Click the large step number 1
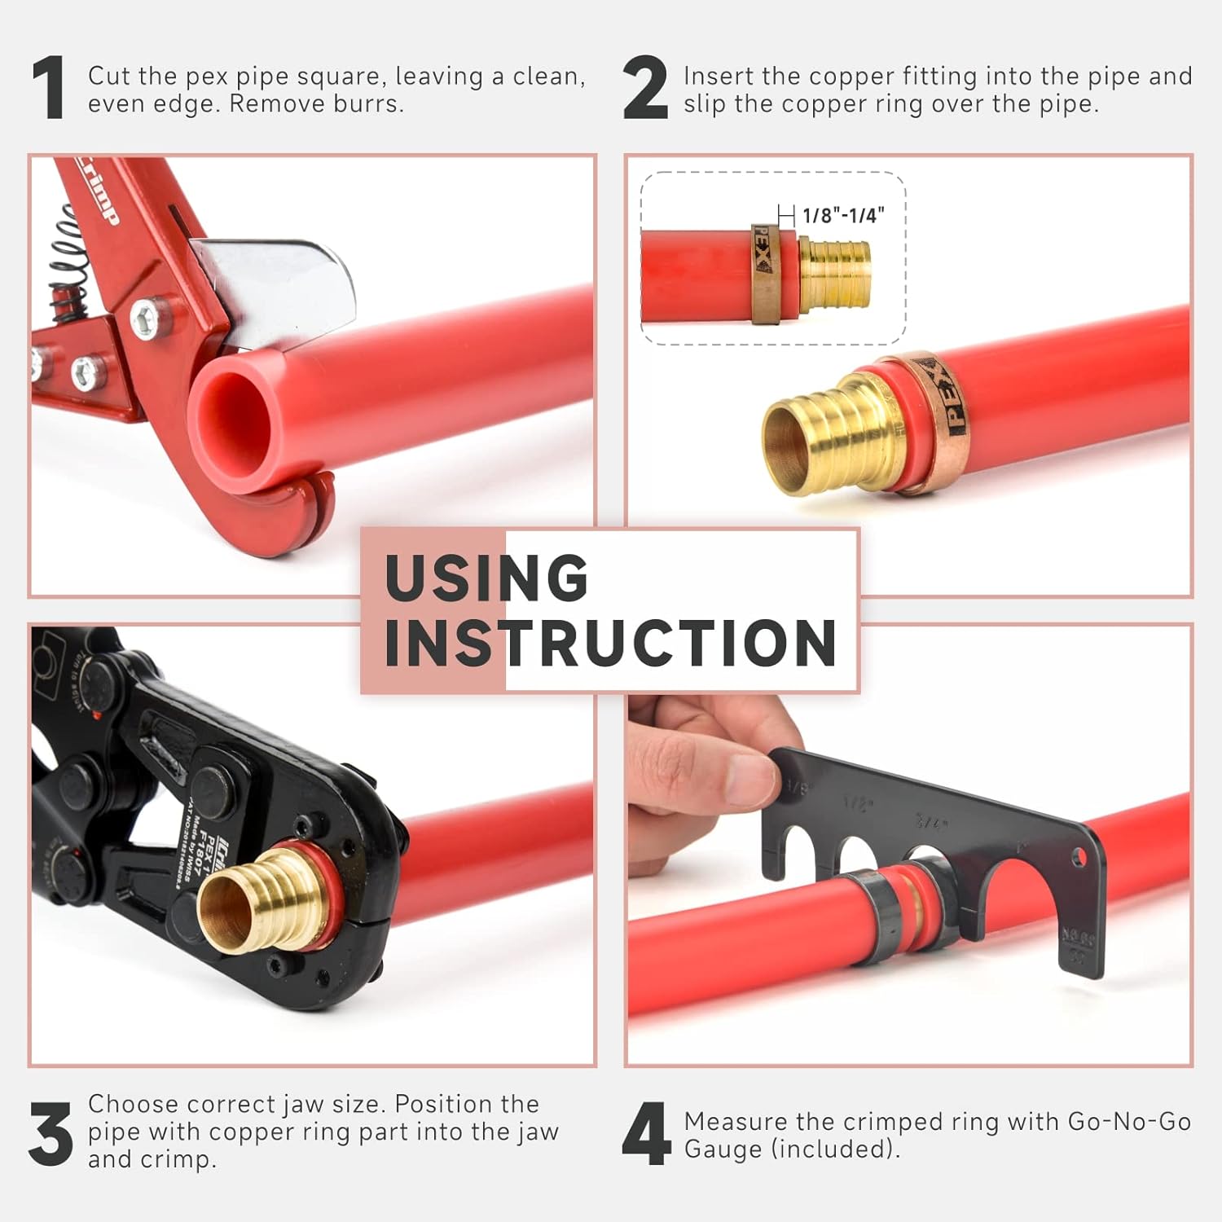tap(50, 89)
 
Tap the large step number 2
tap(644, 89)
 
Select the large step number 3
tap(51, 1133)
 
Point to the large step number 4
tap(646, 1133)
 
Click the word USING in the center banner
tap(486, 578)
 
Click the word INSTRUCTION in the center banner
tap(610, 644)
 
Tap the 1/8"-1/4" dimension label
tap(842, 216)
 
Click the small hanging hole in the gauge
tap(1079, 856)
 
